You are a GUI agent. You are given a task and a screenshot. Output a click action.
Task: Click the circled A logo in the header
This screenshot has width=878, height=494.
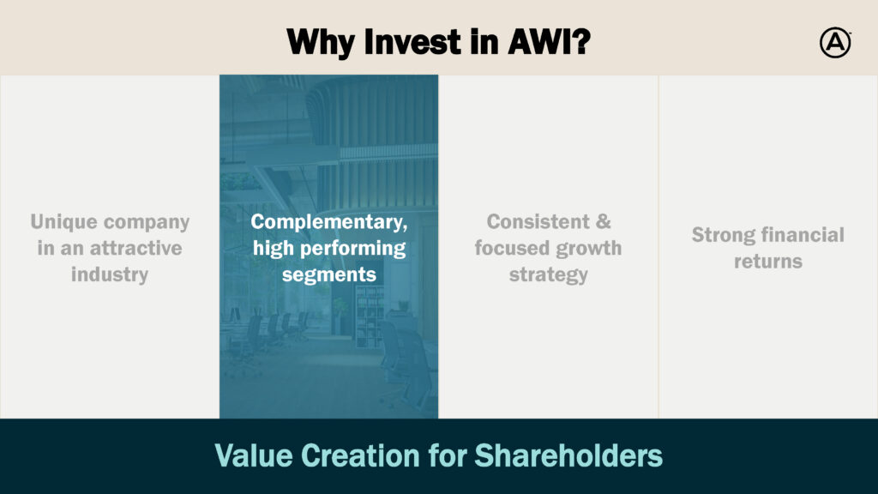click(x=835, y=43)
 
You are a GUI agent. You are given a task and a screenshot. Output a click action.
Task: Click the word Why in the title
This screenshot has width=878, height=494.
click(x=321, y=43)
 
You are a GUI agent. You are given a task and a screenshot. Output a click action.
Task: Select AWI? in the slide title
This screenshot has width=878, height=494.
click(x=550, y=41)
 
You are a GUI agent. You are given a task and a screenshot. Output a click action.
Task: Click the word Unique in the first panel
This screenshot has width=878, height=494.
click(x=63, y=222)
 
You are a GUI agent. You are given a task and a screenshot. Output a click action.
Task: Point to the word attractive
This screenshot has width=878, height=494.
click(x=135, y=248)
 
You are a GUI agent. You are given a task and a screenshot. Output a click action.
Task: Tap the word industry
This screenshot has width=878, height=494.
click(x=110, y=274)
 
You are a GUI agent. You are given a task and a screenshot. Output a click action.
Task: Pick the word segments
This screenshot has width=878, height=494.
click(x=328, y=275)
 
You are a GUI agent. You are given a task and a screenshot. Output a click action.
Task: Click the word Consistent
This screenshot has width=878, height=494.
click(x=538, y=222)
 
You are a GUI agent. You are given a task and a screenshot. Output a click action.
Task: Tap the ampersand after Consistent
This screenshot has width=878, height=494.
click(x=603, y=222)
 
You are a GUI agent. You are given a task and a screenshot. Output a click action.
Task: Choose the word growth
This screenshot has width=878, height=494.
click(x=588, y=249)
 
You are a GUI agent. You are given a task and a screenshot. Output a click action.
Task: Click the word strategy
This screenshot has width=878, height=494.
click(x=548, y=275)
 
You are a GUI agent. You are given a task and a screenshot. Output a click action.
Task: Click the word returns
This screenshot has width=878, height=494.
click(x=768, y=262)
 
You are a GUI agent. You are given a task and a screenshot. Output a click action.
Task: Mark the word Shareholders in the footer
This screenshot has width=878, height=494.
click(x=568, y=455)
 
